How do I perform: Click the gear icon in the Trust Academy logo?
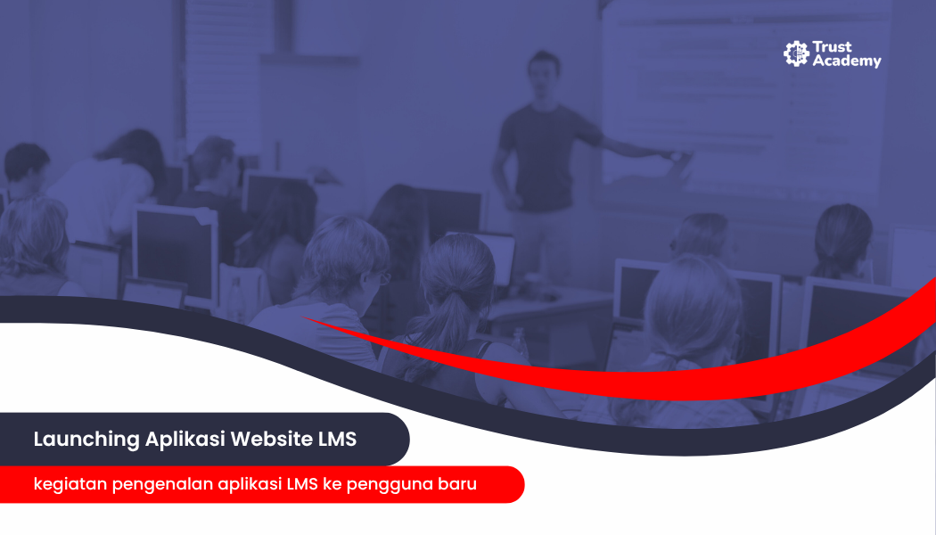point(796,53)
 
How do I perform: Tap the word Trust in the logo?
point(832,47)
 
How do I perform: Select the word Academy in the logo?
point(847,61)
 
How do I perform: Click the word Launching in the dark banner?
point(86,440)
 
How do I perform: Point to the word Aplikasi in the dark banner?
point(185,440)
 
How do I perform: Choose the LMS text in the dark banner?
point(337,439)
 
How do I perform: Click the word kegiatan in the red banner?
point(70,484)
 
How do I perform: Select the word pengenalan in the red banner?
point(161,484)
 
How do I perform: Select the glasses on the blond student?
point(382,277)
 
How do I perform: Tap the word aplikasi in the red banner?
point(250,484)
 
